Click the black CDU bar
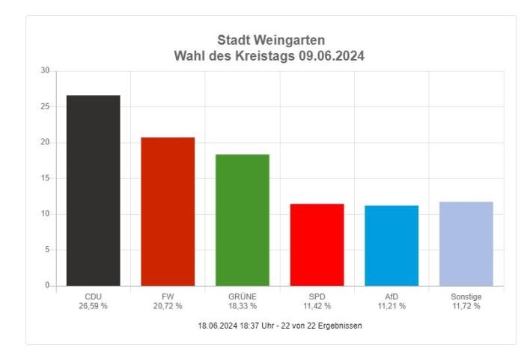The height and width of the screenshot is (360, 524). (93, 190)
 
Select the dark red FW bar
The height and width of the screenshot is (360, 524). (168, 211)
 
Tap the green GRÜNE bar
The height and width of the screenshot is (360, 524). (243, 220)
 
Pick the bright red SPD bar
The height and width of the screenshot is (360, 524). (317, 245)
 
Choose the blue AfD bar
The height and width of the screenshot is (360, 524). (392, 245)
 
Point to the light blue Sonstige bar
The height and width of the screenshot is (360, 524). (466, 243)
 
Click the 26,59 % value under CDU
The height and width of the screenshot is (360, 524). (93, 306)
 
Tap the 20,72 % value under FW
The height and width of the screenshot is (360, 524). (168, 306)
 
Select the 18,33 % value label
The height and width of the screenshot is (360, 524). (243, 306)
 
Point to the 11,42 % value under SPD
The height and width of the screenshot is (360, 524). (317, 306)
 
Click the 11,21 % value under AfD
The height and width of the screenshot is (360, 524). (392, 306)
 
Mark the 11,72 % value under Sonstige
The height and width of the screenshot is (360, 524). (466, 306)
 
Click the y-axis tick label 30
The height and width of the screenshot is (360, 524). (45, 71)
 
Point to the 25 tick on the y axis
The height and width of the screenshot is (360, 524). (45, 106)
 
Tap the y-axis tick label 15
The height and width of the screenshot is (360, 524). (45, 178)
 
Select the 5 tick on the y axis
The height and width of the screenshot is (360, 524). (47, 250)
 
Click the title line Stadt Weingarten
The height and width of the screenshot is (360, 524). (271, 40)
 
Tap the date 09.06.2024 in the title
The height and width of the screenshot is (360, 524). (329, 55)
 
